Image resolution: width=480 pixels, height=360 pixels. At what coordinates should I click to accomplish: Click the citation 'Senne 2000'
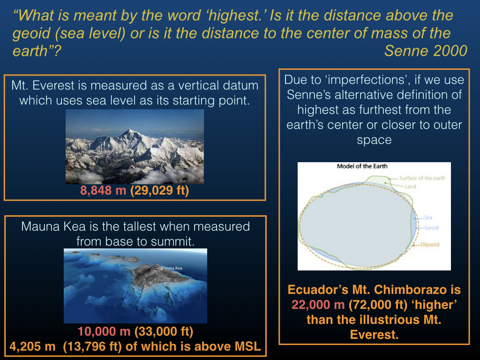coord(426,51)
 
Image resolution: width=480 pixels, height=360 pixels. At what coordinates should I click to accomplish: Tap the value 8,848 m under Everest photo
coord(103,190)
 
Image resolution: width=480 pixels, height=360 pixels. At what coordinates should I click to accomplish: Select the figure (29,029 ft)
coord(159,190)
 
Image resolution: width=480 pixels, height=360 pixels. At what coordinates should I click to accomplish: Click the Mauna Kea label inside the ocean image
coord(172,268)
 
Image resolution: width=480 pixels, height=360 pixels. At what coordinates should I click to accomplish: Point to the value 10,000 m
coord(104,331)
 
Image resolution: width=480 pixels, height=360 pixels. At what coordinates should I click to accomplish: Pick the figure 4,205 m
coord(32,346)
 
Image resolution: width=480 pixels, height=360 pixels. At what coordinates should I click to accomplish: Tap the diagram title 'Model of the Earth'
coord(362,166)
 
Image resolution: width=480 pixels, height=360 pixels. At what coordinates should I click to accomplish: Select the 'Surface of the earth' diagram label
coord(422,178)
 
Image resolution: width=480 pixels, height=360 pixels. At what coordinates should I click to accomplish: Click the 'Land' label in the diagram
coord(411,187)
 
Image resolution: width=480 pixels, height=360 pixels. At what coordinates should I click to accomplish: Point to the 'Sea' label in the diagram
coord(428,217)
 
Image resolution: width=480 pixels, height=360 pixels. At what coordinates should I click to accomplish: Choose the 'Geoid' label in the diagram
coord(432,228)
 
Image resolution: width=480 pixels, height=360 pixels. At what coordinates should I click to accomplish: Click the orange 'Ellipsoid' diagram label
coord(430,245)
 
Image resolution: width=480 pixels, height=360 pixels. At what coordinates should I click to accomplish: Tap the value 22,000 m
coord(318,305)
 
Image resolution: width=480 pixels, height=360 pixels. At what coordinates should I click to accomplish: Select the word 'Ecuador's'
coord(318,290)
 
